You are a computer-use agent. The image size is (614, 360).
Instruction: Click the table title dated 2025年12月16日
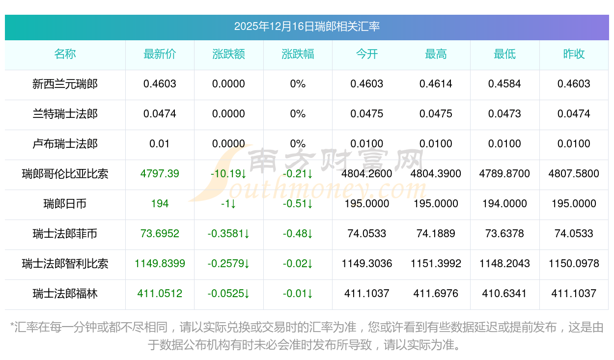tap(307, 27)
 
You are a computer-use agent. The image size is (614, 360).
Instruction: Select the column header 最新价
tap(160, 54)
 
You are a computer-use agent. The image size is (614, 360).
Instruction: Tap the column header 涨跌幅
tap(298, 54)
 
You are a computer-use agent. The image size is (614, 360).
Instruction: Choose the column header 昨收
tap(574, 54)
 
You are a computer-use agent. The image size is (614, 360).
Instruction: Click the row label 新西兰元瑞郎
tap(65, 84)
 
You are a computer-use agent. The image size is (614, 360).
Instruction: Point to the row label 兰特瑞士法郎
tap(65, 114)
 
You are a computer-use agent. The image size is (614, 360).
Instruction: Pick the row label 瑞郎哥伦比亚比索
tap(65, 174)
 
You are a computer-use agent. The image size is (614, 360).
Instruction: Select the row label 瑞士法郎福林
tap(65, 294)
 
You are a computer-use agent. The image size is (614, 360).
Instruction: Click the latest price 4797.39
tap(160, 174)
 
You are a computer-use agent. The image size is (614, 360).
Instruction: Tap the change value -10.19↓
tap(228, 174)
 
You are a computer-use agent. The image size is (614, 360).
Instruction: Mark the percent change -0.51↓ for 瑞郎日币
tap(298, 204)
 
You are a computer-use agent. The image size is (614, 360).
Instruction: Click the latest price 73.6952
tap(160, 234)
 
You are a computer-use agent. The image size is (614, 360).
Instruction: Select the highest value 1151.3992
tap(436, 264)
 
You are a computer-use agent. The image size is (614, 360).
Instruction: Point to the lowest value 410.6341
tap(504, 294)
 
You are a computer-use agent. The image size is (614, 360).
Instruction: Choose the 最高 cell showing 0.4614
tap(436, 84)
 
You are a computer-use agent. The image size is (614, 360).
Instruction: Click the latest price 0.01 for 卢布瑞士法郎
tap(160, 144)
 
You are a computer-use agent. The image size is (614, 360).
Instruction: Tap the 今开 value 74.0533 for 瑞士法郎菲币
tap(366, 234)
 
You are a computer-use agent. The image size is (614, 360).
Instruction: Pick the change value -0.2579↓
tap(228, 264)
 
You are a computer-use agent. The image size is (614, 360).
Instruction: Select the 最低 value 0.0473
tap(504, 114)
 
